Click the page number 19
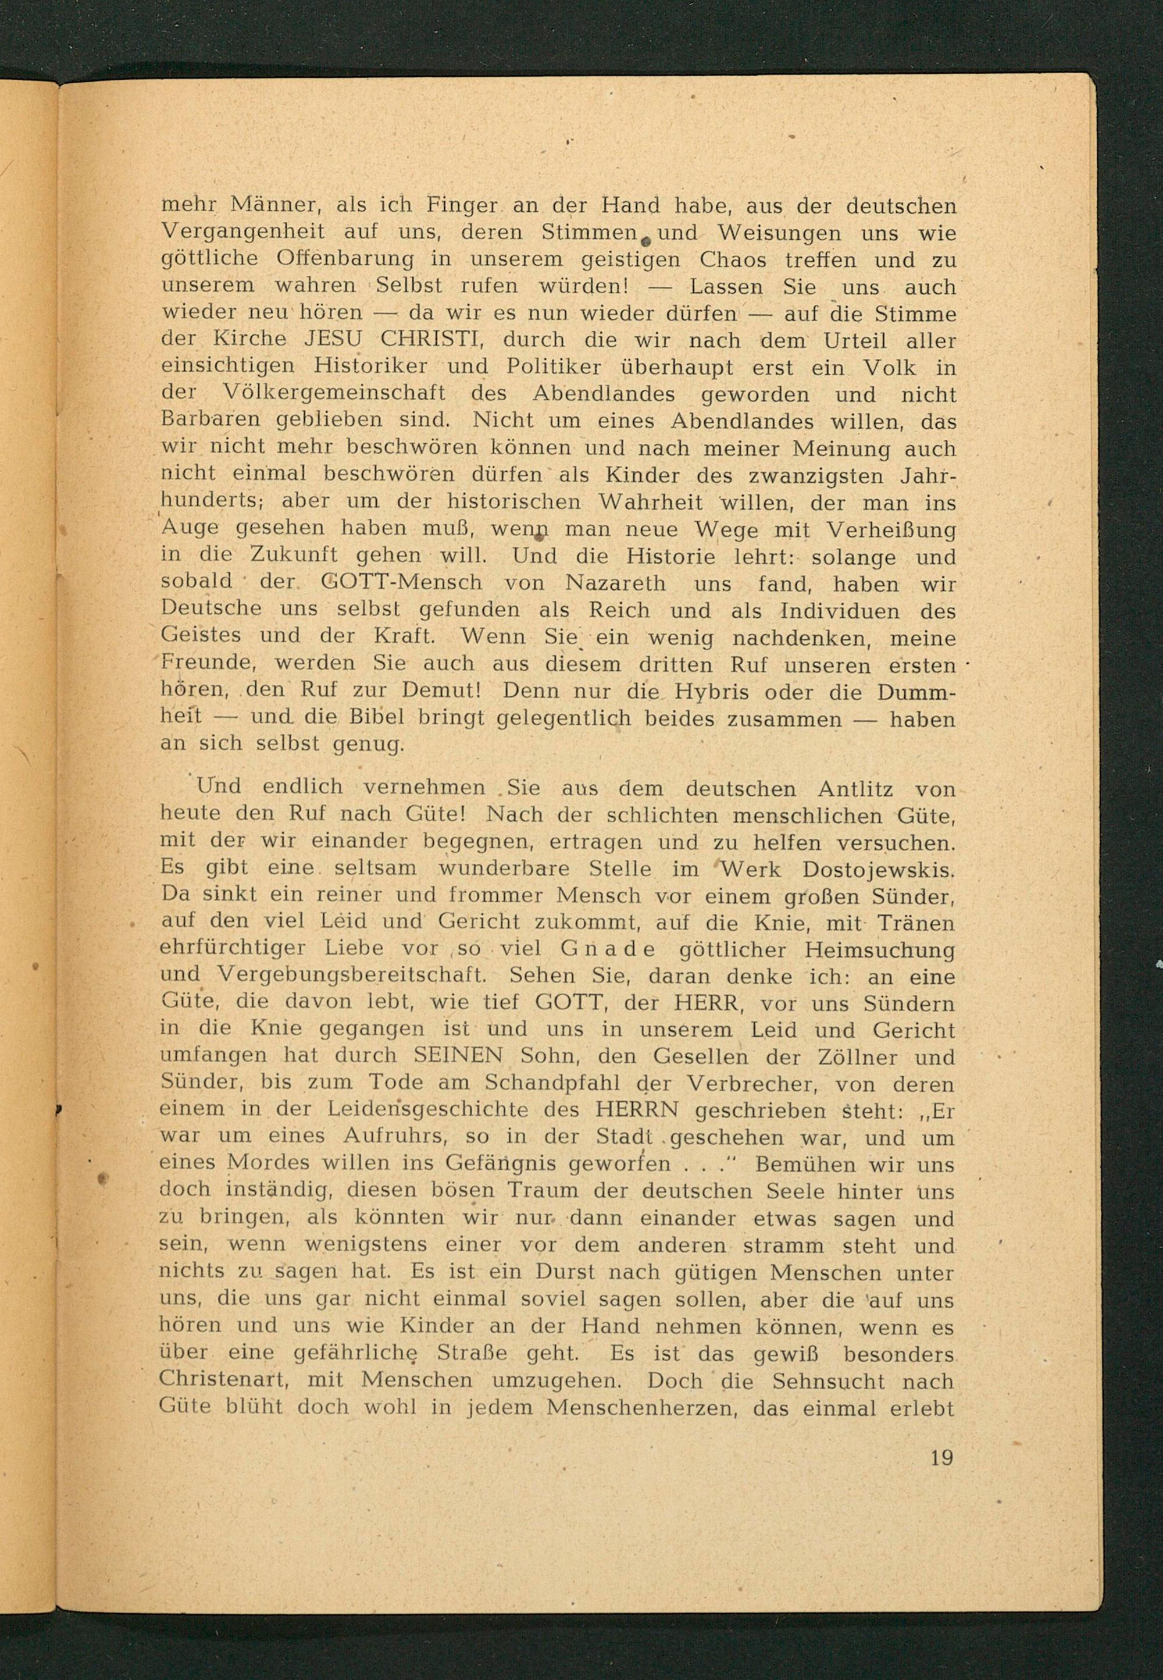tap(941, 1458)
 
